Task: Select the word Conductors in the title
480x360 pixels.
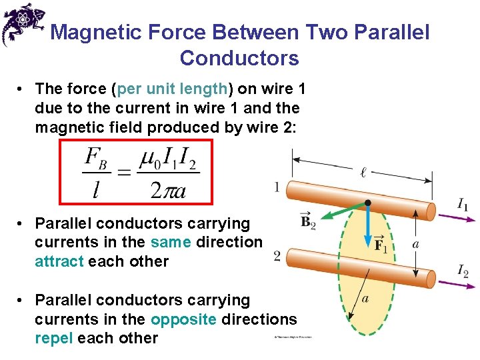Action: click(x=239, y=58)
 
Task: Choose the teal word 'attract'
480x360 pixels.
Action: click(x=59, y=261)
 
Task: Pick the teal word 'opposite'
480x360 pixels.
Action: click(x=183, y=319)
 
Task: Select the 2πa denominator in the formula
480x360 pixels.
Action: click(x=168, y=191)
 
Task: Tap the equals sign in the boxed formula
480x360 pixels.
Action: click(x=124, y=173)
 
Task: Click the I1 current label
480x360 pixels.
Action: click(x=463, y=205)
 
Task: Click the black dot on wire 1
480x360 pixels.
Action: click(x=367, y=202)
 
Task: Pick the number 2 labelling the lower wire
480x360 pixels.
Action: click(x=277, y=255)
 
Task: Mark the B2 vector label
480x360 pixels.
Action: click(x=308, y=221)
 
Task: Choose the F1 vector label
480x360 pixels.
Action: click(x=381, y=244)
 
